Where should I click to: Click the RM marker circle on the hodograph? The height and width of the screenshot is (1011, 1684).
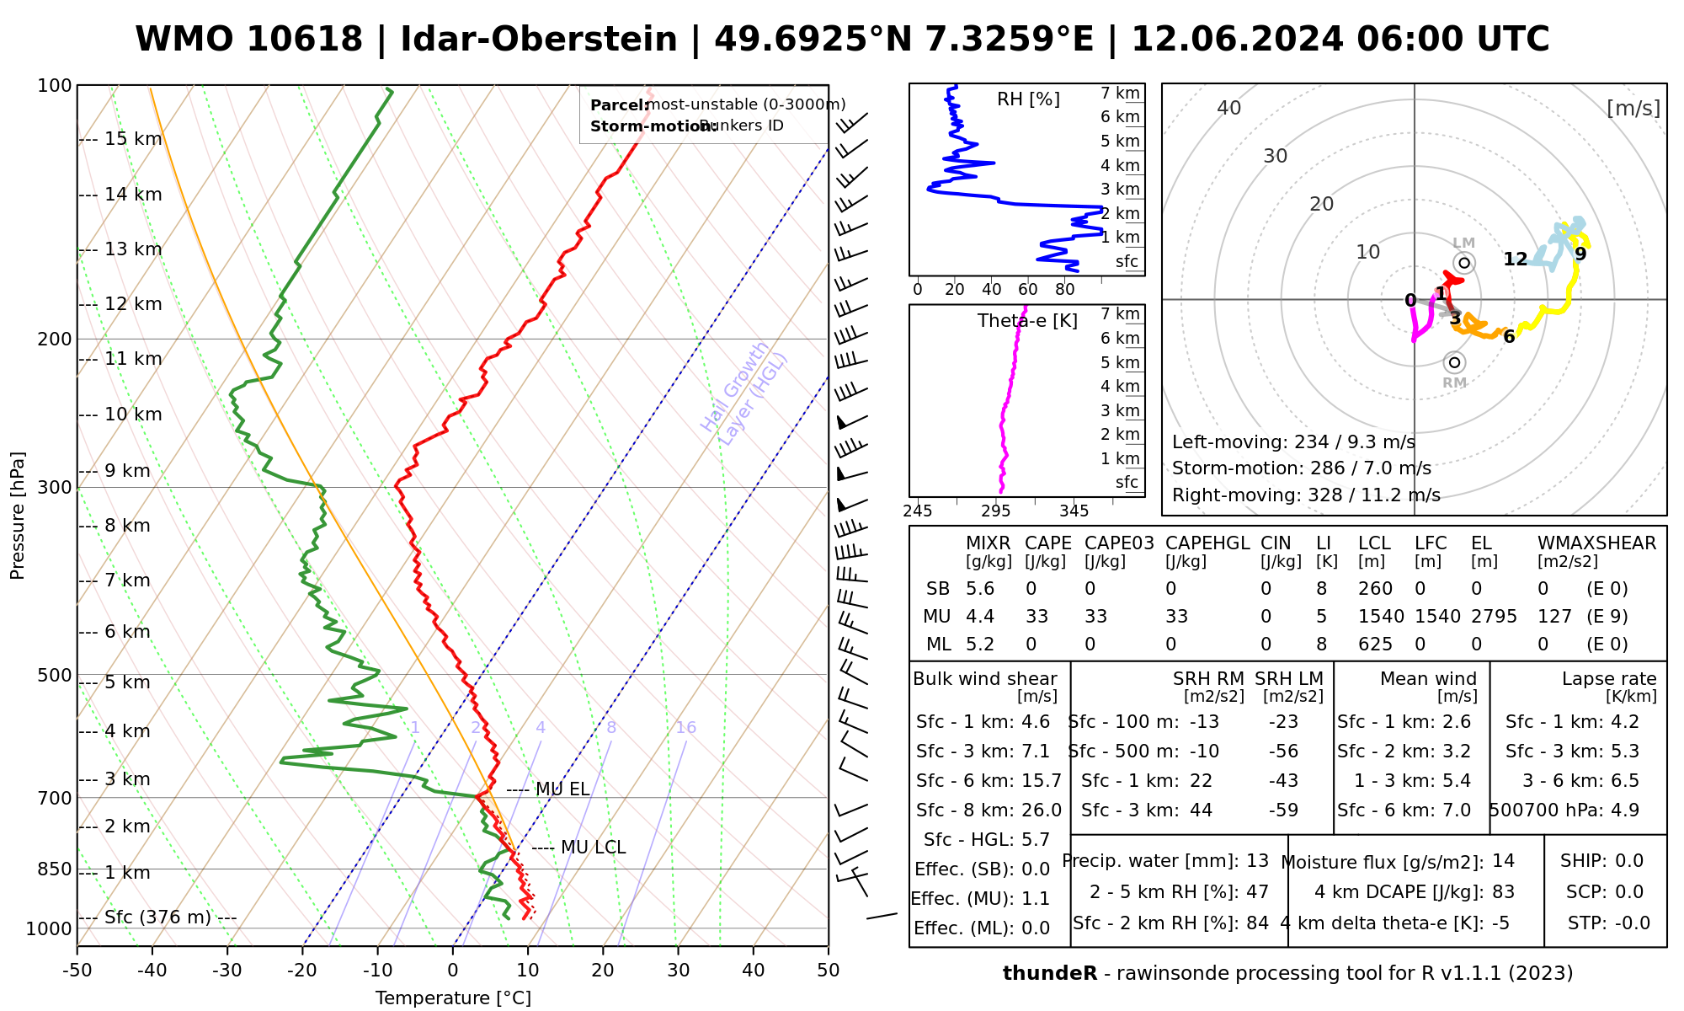pyautogui.click(x=1454, y=363)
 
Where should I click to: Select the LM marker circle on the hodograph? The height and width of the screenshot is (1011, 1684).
pyautogui.click(x=1464, y=263)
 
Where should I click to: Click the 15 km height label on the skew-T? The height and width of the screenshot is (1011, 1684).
pyautogui.click(x=133, y=139)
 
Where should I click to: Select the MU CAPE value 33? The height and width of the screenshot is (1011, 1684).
pyautogui.click(x=1037, y=617)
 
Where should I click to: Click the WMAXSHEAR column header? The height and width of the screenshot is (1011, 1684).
pyautogui.click(x=1596, y=543)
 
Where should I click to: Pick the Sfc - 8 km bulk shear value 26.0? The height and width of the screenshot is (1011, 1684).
pyautogui.click(x=1042, y=810)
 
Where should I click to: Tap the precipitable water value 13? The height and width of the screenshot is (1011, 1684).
pyautogui.click(x=1257, y=861)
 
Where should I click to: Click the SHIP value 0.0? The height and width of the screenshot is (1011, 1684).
pyautogui.click(x=1629, y=861)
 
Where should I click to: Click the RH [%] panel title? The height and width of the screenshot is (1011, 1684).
pyautogui.click(x=1028, y=99)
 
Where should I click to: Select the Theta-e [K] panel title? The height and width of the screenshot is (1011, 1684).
pyautogui.click(x=1027, y=321)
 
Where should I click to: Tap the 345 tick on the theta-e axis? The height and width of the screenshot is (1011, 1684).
pyautogui.click(x=1074, y=511)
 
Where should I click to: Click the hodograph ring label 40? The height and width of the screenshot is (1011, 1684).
pyautogui.click(x=1229, y=108)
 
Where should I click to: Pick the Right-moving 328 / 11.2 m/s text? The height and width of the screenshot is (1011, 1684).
pyautogui.click(x=1306, y=495)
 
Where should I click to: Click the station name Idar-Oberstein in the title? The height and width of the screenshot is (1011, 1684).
pyautogui.click(x=539, y=40)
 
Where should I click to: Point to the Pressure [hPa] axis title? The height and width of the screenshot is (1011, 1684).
pyautogui.click(x=18, y=516)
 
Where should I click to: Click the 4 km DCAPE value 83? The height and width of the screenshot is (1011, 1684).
pyautogui.click(x=1503, y=892)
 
